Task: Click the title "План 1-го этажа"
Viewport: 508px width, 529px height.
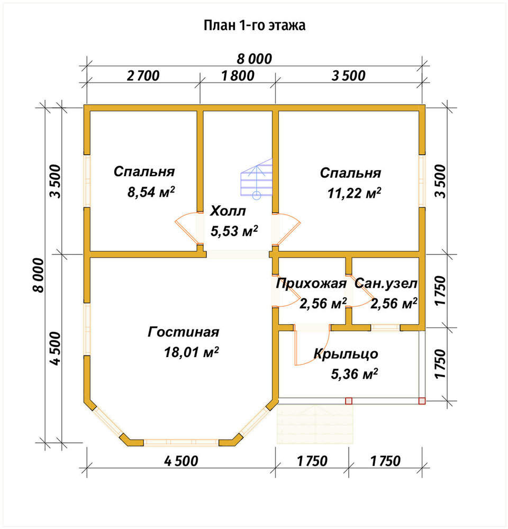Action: pos(255,25)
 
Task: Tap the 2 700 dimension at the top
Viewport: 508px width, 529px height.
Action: pos(143,76)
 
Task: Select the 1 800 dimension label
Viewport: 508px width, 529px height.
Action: pos(238,76)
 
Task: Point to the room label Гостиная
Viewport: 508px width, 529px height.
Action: pos(184,332)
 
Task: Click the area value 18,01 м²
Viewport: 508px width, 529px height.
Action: pos(192,352)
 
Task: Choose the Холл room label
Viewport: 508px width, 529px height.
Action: pos(228,211)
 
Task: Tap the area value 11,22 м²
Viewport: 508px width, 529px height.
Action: pos(354,193)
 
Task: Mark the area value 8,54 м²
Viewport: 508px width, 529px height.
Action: pos(151,192)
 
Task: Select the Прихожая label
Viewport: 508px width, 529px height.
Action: pos(311,284)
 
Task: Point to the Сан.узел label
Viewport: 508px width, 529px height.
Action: pos(386,284)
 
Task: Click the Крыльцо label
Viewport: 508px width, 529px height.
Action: pos(346,354)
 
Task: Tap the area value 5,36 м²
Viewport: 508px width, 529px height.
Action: pos(354,374)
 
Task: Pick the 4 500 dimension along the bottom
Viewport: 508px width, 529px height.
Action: pos(182,461)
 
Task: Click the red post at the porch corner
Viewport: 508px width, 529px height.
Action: pos(422,401)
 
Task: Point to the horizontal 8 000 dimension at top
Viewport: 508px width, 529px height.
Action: pos(254,59)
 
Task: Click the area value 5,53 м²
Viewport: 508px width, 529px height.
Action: pos(234,231)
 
